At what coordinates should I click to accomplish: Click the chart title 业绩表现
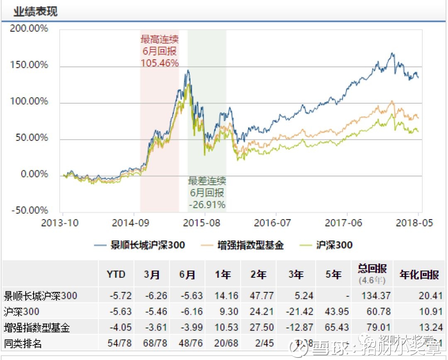coord(35,11)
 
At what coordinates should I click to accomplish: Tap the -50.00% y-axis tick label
coord(29,210)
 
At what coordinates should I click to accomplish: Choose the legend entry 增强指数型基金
coord(251,245)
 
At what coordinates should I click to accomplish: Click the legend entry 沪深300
coord(334,245)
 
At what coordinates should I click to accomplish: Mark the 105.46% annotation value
coord(160,63)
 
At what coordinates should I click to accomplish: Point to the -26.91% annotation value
coord(207,205)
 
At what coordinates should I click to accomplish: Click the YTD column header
coord(116,274)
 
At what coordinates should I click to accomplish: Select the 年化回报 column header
coord(419,274)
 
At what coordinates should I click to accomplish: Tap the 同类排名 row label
coord(23,344)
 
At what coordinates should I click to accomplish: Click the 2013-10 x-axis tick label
coord(60,223)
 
